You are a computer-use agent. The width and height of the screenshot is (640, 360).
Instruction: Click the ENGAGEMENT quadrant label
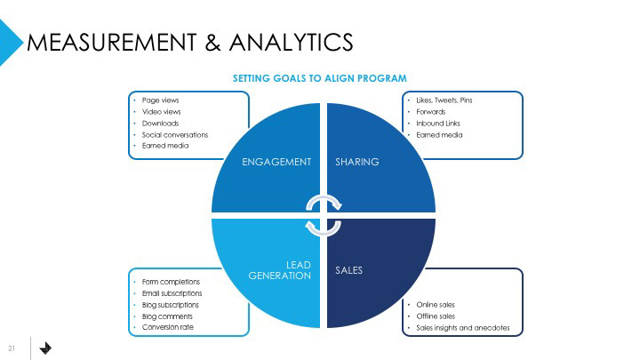[x=276, y=162]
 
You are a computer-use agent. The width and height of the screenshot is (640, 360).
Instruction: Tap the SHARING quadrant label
[x=356, y=162]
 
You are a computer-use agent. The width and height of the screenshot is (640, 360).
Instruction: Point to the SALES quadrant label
[x=348, y=269]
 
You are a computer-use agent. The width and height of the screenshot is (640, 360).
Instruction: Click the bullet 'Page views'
[x=160, y=100]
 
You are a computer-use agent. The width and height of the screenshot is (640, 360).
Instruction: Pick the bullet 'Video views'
[x=161, y=112]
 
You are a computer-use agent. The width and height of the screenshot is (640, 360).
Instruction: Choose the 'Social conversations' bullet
[x=174, y=135]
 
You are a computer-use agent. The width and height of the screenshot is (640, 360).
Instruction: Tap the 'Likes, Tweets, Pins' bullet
[x=444, y=100]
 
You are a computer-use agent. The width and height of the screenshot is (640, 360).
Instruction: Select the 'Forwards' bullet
[x=431, y=112]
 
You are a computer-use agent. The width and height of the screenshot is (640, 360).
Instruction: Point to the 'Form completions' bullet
[x=171, y=282]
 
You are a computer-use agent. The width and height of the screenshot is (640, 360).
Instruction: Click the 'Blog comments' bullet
[x=167, y=316]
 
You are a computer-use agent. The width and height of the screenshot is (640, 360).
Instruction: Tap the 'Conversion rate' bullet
[x=167, y=328]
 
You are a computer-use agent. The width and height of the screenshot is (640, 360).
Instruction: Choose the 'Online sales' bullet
[x=436, y=305]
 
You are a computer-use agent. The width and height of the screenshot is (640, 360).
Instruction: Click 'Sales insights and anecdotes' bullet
[x=463, y=328]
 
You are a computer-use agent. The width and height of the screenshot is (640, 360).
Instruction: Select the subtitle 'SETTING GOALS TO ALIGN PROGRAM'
[x=320, y=78]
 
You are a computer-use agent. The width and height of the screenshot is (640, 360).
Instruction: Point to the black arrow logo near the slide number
[x=46, y=348]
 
